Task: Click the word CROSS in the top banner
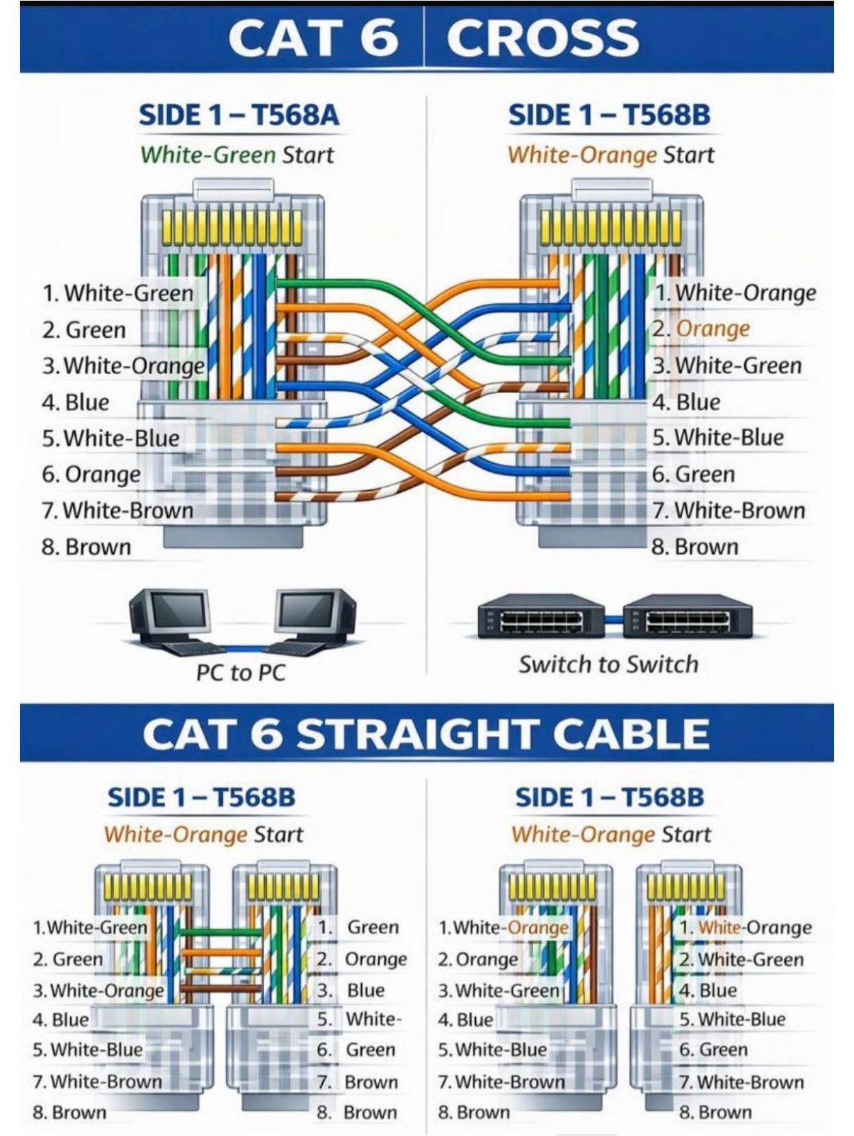pyautogui.click(x=542, y=38)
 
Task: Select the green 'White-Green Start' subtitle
pyautogui.click(x=237, y=154)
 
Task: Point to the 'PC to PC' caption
pyautogui.click(x=241, y=673)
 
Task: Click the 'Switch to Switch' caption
pyautogui.click(x=609, y=664)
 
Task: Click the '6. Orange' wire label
pyautogui.click(x=91, y=475)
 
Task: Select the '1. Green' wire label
pyautogui.click(x=358, y=928)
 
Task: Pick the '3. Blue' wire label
pyautogui.click(x=351, y=990)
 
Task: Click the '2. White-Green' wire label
pyautogui.click(x=741, y=960)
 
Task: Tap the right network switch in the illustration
pyautogui.click(x=688, y=615)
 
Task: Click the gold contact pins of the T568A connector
pyautogui.click(x=232, y=228)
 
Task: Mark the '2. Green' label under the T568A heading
pyautogui.click(x=84, y=329)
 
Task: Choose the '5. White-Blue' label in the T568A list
pyautogui.click(x=110, y=438)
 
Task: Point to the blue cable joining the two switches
pyautogui.click(x=613, y=619)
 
